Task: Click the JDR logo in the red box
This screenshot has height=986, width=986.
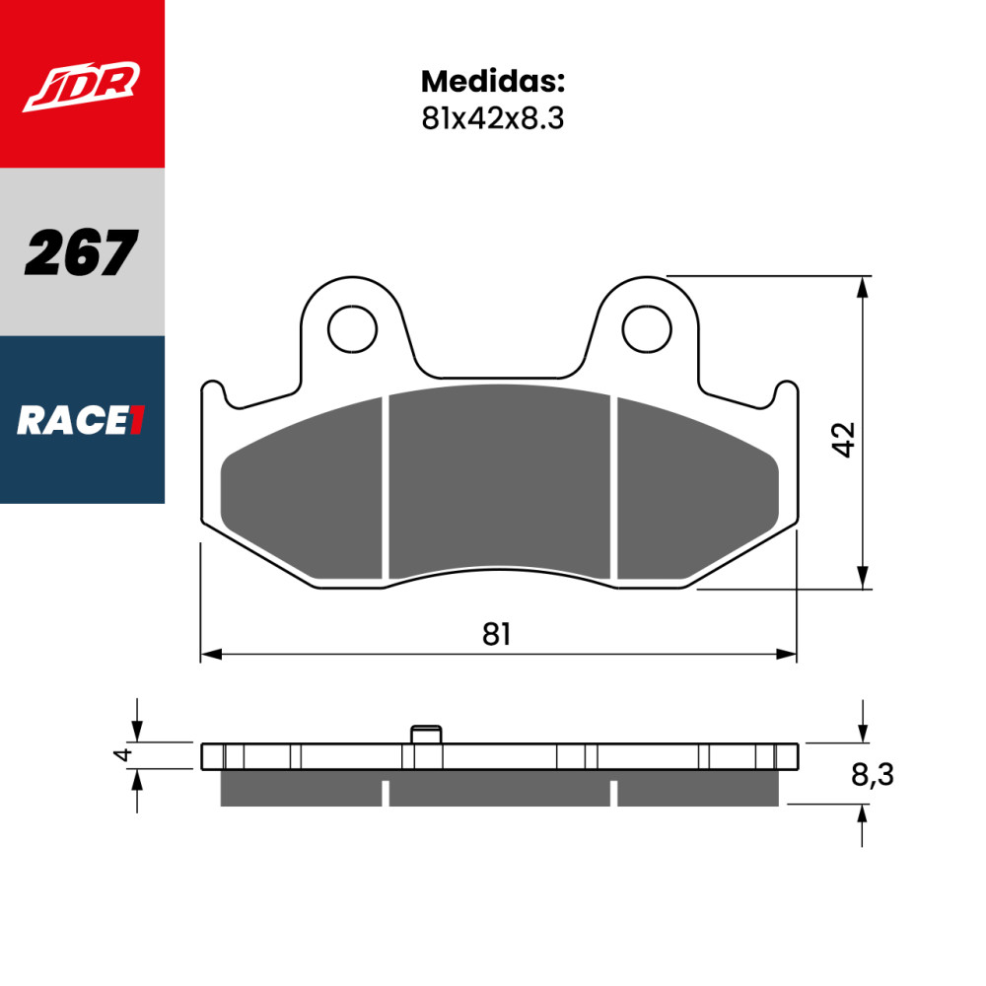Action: (82, 86)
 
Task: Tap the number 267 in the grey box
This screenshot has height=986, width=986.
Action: (81, 252)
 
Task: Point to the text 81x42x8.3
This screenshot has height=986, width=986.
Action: (492, 118)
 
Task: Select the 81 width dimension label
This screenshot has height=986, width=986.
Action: (497, 634)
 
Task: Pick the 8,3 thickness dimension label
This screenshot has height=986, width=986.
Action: (872, 776)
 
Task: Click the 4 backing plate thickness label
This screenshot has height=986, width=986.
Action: (122, 755)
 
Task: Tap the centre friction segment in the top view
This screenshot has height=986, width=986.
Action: (499, 483)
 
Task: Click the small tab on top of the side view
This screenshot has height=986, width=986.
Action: (425, 734)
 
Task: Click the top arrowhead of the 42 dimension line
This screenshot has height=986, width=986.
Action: (864, 286)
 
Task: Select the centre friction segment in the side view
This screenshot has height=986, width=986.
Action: (499, 790)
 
